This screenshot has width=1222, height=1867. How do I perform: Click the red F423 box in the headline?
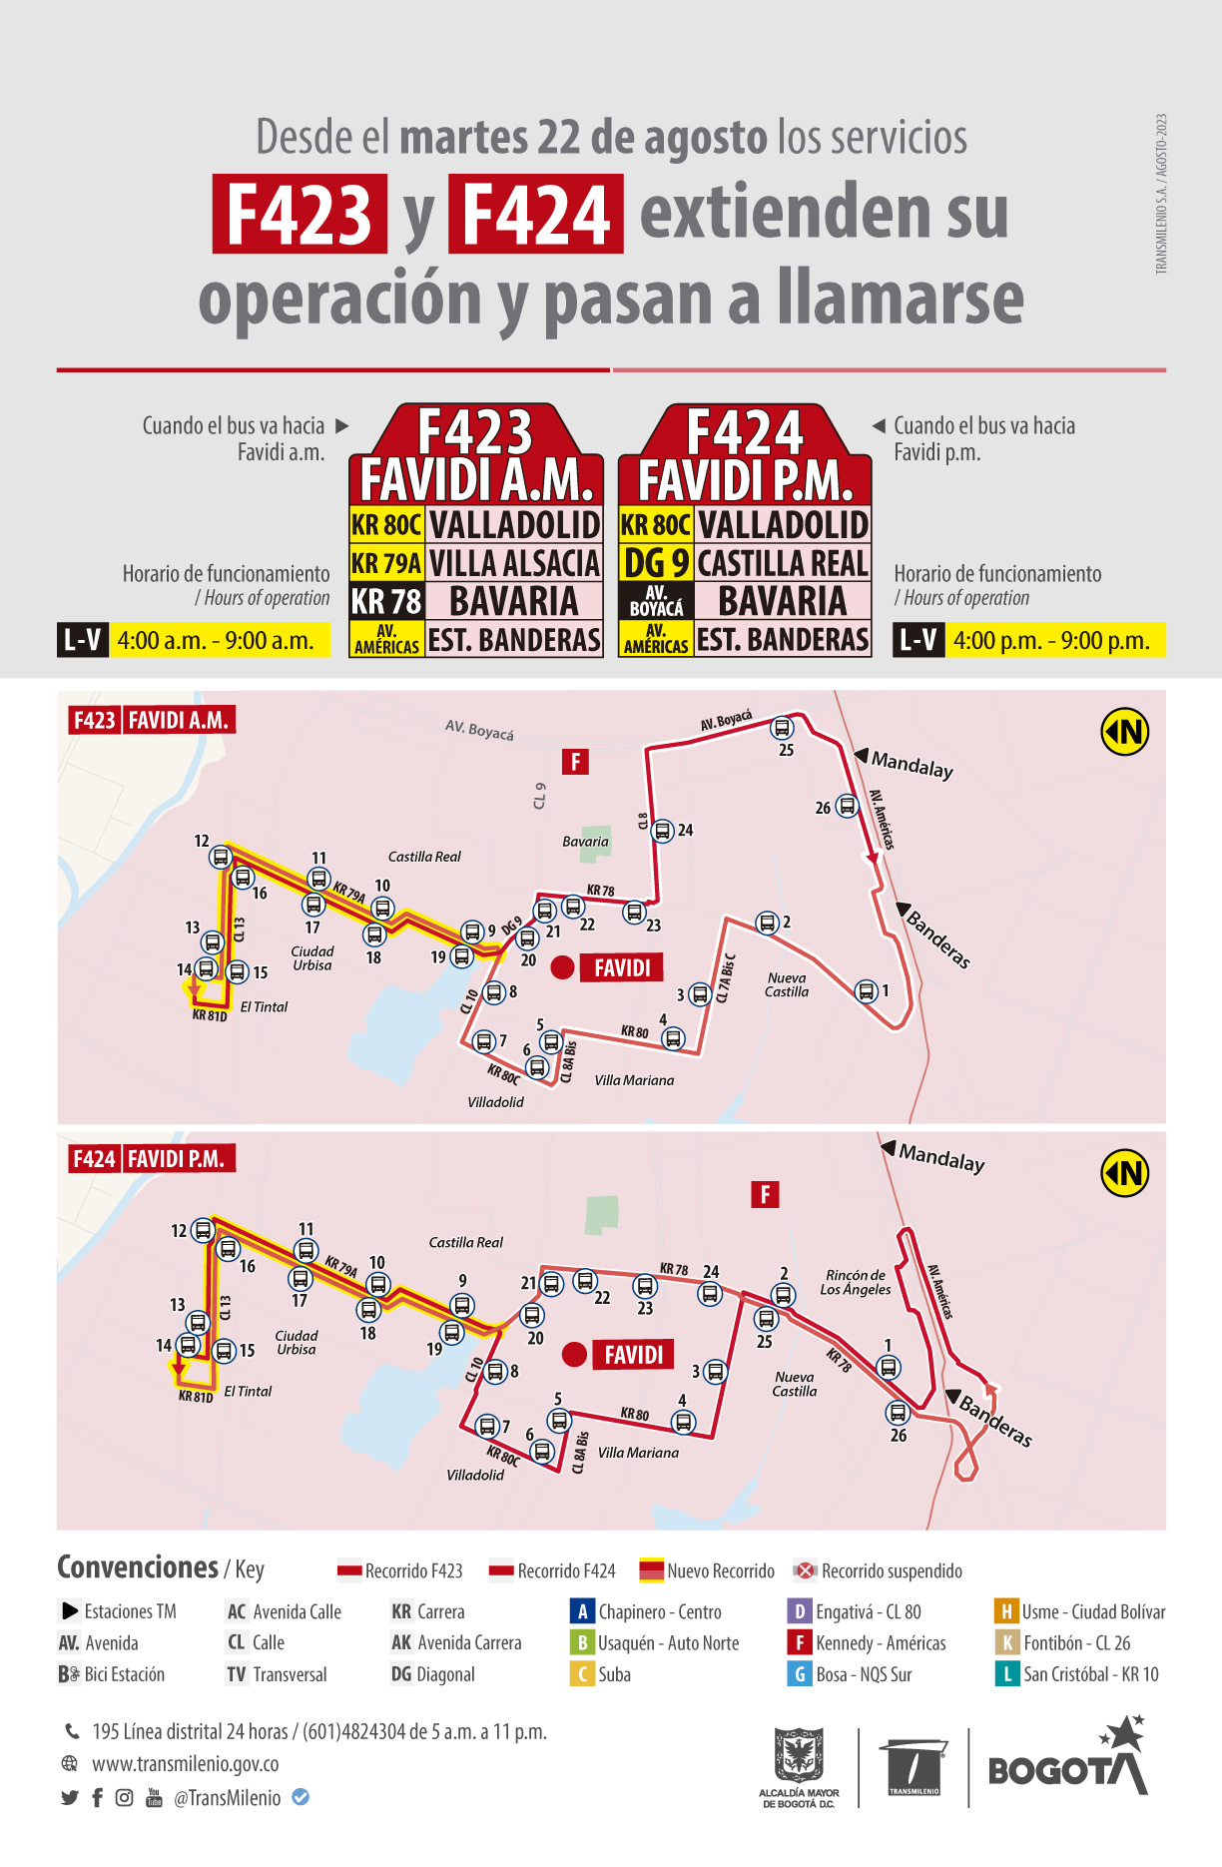[300, 214]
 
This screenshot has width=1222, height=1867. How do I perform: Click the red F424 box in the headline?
[536, 214]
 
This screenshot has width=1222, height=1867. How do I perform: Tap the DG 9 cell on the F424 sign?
[655, 563]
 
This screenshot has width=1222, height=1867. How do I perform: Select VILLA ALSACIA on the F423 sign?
[514, 563]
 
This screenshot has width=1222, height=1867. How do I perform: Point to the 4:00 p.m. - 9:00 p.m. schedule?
[1051, 640]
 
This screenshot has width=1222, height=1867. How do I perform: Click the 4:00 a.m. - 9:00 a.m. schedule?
[216, 640]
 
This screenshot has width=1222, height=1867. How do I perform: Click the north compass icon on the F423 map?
[1125, 732]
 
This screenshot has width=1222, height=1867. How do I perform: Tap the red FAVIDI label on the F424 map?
[633, 1355]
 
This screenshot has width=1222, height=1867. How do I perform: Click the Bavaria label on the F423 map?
[585, 842]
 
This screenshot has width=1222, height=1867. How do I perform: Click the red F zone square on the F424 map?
[765, 1194]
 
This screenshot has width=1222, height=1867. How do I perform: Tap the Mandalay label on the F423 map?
[912, 765]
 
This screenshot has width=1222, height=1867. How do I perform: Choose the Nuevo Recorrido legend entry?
[707, 1570]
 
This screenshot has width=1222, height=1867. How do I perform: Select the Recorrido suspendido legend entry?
[879, 1570]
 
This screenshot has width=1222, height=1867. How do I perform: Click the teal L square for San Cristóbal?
[1005, 1673]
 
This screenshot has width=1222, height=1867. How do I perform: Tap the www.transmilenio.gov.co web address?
[186, 1764]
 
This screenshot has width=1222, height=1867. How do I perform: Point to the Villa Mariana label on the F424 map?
[638, 1453]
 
